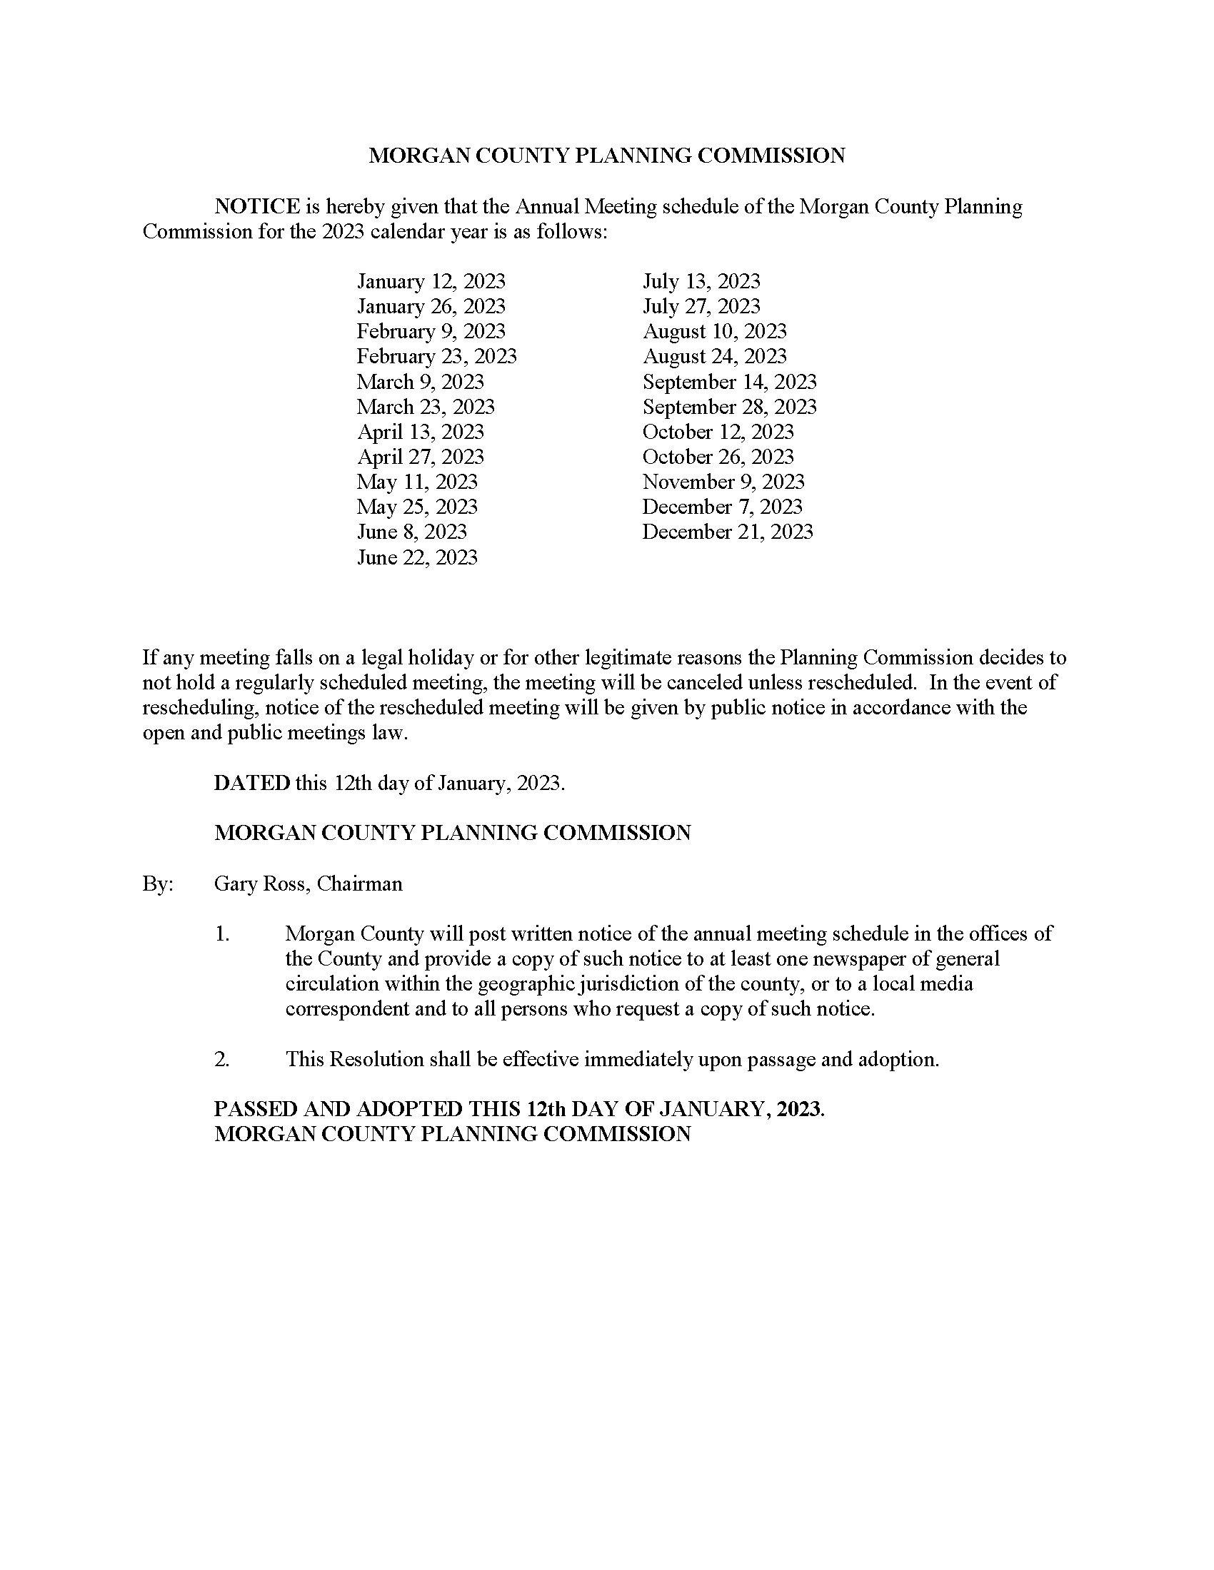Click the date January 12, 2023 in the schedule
[x=431, y=281]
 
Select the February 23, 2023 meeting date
[x=436, y=356]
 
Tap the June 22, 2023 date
[x=417, y=557]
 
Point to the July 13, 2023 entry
[x=701, y=281]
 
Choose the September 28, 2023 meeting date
[x=729, y=407]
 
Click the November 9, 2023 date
[x=723, y=482]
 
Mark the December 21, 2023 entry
[x=727, y=532]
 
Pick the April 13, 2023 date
[x=420, y=432]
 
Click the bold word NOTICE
[x=257, y=207]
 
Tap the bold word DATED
[x=251, y=783]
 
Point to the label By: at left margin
[x=158, y=883]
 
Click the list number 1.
[x=221, y=934]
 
